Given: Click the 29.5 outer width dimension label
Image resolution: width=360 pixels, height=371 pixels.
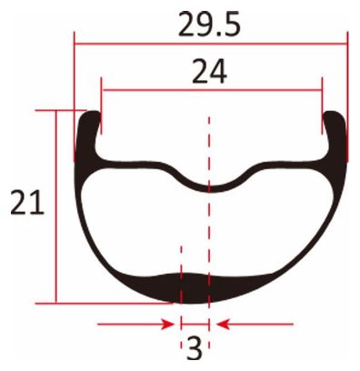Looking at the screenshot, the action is [x=209, y=24].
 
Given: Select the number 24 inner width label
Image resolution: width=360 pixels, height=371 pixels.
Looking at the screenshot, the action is [x=209, y=72].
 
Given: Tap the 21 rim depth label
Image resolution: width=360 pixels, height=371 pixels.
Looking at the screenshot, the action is [x=27, y=203].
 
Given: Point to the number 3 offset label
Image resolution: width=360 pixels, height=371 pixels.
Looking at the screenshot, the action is [x=195, y=349].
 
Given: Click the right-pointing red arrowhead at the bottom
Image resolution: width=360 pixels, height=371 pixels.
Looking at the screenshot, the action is [x=168, y=325].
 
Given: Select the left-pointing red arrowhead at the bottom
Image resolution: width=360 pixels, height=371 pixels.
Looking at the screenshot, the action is [x=223, y=325].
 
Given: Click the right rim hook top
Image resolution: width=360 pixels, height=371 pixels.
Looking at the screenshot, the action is [x=334, y=113].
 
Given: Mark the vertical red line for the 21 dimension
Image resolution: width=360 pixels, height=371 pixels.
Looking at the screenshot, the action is [x=56, y=206].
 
